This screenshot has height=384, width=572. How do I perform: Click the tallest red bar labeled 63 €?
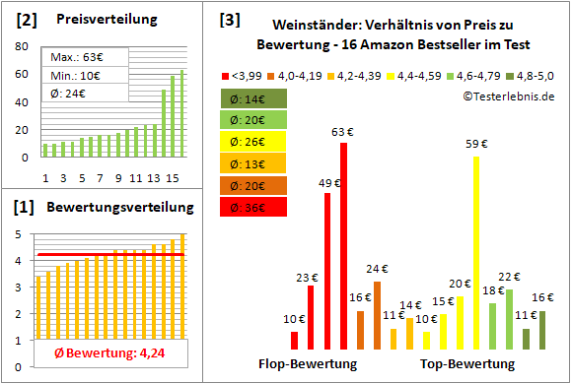click(343, 246)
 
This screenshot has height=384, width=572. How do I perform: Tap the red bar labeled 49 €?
click(327, 271)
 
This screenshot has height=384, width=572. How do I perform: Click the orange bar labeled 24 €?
click(376, 315)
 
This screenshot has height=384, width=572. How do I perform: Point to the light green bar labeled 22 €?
click(509, 319)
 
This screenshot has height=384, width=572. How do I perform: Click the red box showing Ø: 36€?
click(254, 207)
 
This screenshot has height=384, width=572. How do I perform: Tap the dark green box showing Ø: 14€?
click(254, 98)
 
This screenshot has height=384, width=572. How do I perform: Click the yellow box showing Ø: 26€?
click(254, 142)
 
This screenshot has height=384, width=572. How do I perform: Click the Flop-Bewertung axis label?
click(308, 364)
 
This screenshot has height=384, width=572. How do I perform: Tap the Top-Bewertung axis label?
click(467, 364)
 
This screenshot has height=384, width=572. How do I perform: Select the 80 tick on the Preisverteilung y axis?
click(23, 46)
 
